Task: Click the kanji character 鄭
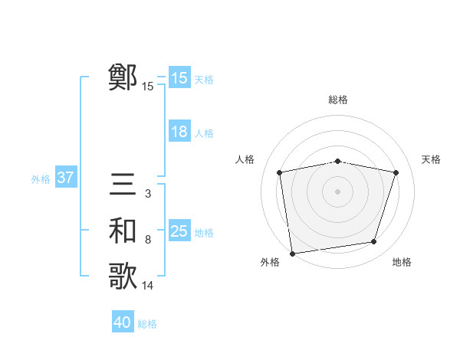[123, 77]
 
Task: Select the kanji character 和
[123, 231]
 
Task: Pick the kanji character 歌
[123, 277]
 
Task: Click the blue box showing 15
[179, 78]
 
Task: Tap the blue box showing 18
[179, 132]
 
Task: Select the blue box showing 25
[179, 231]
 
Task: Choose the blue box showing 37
[65, 178]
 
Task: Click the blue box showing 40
[123, 322]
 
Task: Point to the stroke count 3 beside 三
[147, 194]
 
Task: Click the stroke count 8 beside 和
[147, 240]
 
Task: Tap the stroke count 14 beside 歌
[148, 286]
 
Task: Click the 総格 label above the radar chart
[338, 100]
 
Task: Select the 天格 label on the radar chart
[432, 159]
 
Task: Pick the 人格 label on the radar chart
[245, 159]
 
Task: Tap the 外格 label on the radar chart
[270, 262]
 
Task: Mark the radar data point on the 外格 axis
[292, 253]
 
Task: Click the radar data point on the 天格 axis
[396, 172]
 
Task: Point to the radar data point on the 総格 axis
[338, 161]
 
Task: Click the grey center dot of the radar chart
[338, 191]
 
